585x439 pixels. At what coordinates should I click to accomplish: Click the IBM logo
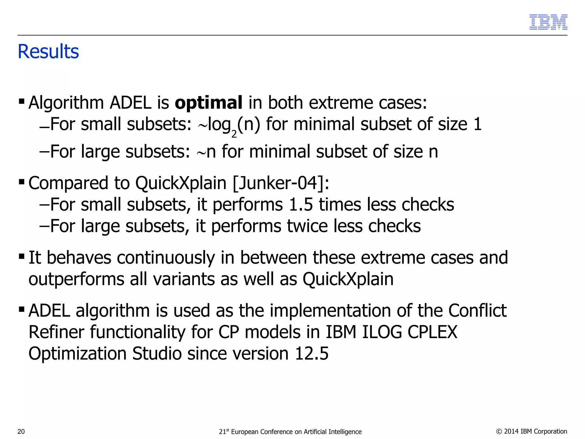548,22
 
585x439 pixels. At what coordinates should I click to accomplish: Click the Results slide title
48,52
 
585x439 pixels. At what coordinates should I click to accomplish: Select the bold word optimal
209,103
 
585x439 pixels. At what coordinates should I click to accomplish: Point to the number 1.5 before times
300,205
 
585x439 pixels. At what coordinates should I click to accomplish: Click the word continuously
166,258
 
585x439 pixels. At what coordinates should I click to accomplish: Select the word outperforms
76,279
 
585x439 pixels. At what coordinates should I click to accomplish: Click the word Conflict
477,310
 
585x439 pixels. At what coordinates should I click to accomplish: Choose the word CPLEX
432,332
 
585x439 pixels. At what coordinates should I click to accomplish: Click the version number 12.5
312,354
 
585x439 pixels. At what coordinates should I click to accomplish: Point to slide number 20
21,432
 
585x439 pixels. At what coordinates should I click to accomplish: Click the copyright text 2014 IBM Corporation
535,431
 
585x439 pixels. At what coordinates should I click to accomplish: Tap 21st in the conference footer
224,432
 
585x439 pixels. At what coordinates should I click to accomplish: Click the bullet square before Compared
21,182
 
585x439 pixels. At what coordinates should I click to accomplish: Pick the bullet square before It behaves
21,256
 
